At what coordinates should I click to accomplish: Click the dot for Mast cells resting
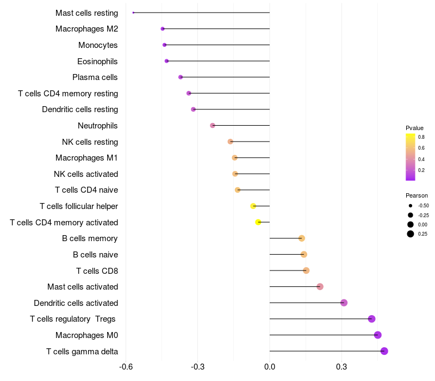pos(133,13)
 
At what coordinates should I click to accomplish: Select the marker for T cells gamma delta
pos(384,351)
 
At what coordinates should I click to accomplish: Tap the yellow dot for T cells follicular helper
pos(253,206)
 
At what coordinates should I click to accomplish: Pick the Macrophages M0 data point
pos(378,335)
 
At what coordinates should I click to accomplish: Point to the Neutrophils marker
pos(213,126)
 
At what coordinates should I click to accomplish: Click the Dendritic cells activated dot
pos(344,303)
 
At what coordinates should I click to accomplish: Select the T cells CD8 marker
pos(306,271)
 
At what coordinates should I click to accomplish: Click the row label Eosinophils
pos(97,61)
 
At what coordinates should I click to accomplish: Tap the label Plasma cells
pos(95,77)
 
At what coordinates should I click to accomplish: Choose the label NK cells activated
pos(86,174)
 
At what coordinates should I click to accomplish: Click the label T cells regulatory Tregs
pos(73,319)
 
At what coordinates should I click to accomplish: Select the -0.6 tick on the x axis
pos(126,367)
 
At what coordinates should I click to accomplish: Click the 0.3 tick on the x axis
pos(341,367)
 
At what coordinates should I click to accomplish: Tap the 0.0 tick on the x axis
pos(270,367)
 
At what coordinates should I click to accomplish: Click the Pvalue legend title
pos(414,128)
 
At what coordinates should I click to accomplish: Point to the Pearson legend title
pos(417,195)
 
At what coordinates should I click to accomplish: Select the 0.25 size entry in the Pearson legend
pos(411,234)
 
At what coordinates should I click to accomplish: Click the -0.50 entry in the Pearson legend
pos(411,206)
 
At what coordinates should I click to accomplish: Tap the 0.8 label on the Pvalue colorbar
pos(421,137)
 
